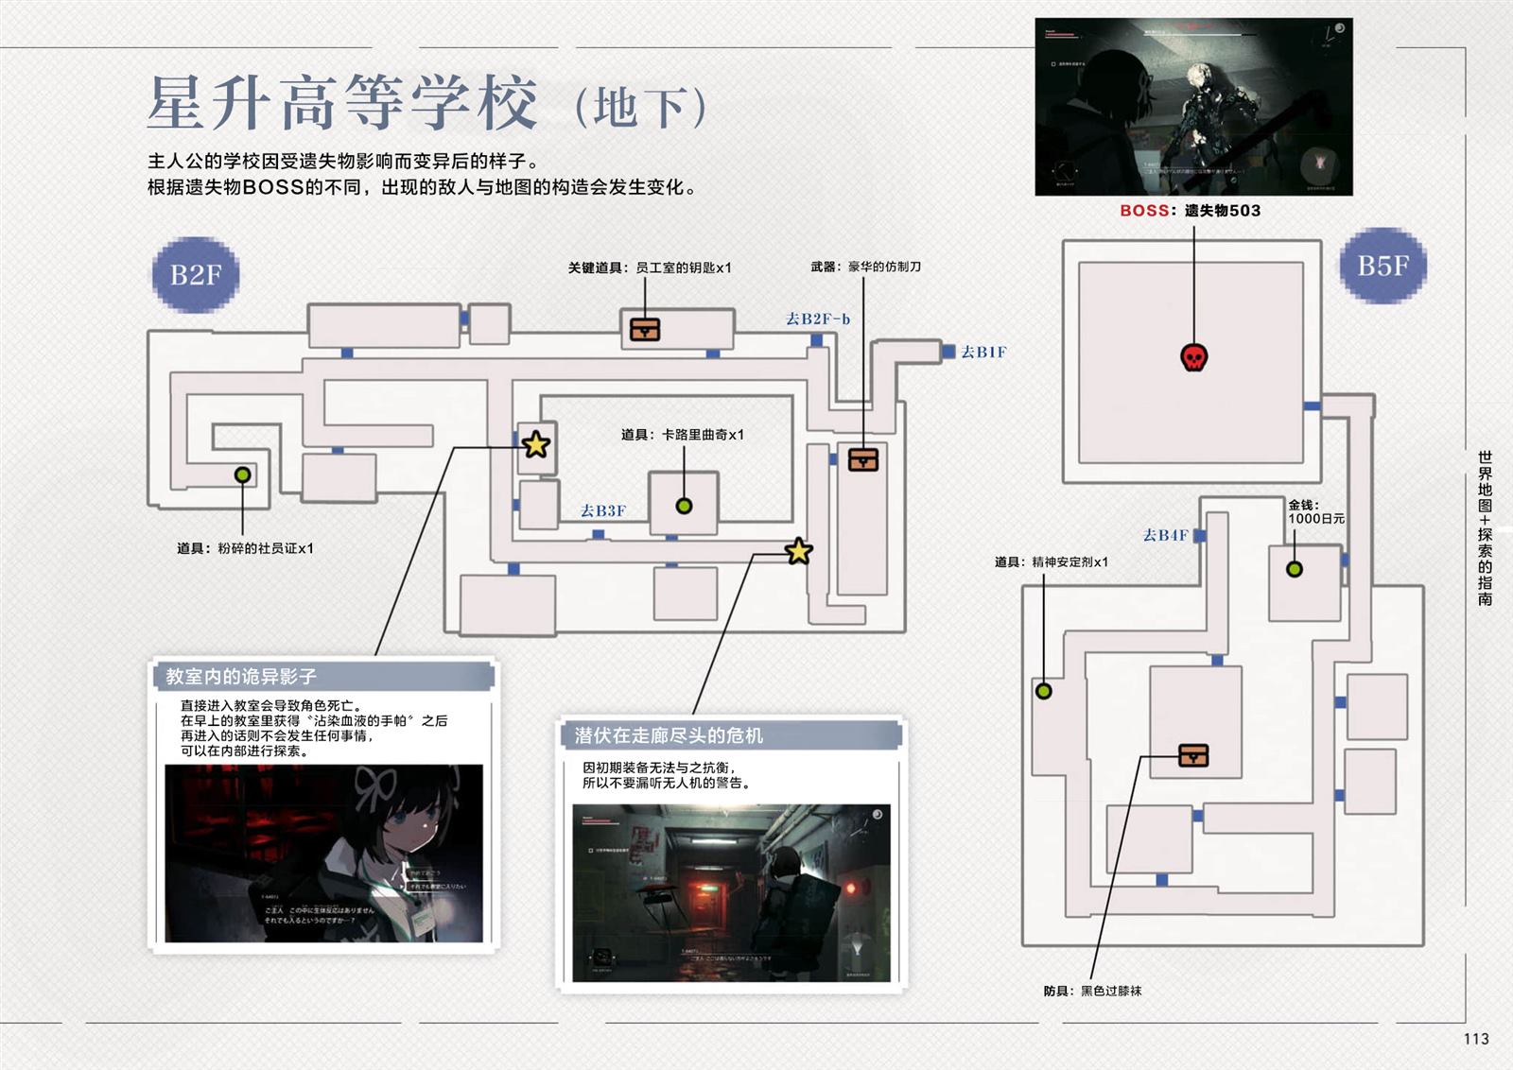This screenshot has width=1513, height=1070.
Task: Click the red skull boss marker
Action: point(1194,357)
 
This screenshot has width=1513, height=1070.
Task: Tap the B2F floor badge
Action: point(196,275)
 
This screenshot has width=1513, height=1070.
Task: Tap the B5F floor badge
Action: point(1383,266)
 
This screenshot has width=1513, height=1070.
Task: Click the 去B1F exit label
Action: point(983,353)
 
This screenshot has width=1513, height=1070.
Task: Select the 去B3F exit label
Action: point(603,511)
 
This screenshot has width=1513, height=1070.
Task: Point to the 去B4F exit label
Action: point(1165,535)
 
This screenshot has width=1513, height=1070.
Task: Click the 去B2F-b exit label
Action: point(818,319)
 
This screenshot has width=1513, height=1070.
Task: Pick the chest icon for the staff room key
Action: point(645,329)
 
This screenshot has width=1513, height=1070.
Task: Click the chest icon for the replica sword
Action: point(863,459)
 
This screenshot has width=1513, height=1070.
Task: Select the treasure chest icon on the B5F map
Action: point(1193,755)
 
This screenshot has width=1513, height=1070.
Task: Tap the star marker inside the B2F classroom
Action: point(536,444)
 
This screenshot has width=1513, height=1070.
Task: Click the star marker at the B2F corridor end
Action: point(799,551)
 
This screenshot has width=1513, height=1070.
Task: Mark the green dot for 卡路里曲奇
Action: point(684,506)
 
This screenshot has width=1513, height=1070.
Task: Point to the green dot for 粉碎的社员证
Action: point(243,475)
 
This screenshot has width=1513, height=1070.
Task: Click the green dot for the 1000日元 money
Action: point(1295,569)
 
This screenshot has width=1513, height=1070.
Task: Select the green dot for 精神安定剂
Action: point(1044,691)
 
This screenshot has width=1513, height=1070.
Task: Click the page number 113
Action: point(1475,1039)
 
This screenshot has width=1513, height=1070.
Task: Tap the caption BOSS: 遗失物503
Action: point(1191,211)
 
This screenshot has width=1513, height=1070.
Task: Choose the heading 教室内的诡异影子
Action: point(241,677)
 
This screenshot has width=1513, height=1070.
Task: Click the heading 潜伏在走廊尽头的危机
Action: point(669,735)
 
